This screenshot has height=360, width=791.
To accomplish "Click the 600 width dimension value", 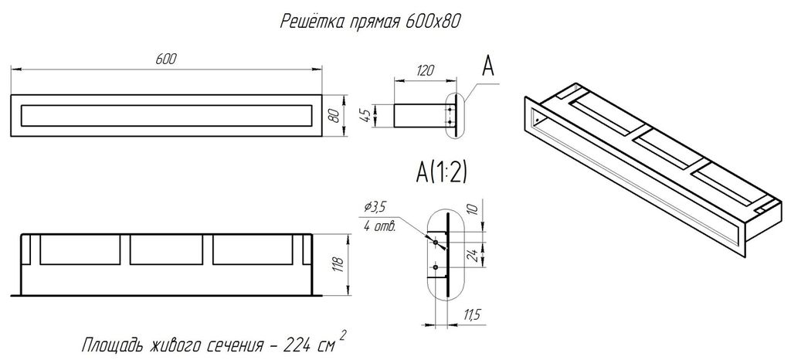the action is [165, 59].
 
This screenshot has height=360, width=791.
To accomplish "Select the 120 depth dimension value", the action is [426, 70].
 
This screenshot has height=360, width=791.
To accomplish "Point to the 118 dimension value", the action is [338, 265].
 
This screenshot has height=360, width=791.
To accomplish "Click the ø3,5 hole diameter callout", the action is [375, 207].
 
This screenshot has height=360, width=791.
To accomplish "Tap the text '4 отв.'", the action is [379, 226].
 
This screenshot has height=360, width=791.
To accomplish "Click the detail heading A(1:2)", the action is [441, 172].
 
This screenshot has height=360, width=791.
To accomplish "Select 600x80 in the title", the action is [433, 22].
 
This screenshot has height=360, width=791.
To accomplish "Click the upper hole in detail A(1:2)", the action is [436, 243].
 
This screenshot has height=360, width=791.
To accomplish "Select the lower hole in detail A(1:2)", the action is [436, 267].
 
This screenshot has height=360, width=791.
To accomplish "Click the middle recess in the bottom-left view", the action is [167, 250].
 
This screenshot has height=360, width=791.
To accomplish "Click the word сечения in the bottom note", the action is [236, 347].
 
